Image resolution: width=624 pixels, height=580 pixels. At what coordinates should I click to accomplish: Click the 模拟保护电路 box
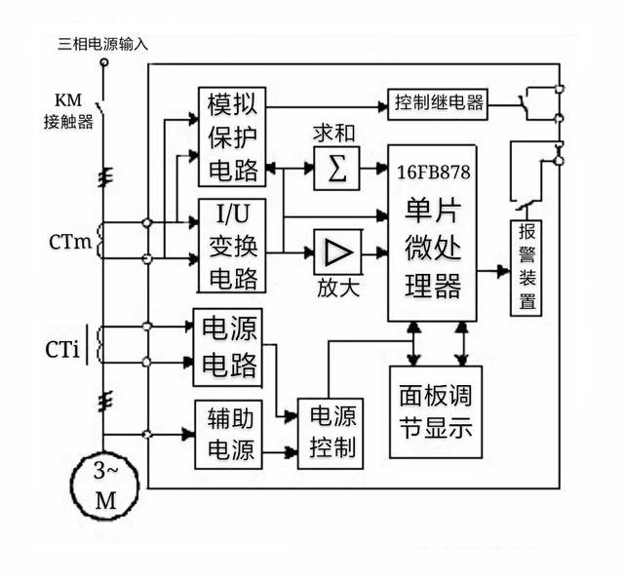231,136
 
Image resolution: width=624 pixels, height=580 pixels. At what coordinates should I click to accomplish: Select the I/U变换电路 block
231,246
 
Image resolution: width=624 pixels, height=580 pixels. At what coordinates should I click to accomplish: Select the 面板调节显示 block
436,411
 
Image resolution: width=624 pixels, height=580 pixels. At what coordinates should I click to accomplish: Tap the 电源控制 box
329,433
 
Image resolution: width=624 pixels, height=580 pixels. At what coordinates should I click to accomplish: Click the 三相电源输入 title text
103,43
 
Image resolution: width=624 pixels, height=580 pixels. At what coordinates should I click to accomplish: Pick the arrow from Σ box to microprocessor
374,170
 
